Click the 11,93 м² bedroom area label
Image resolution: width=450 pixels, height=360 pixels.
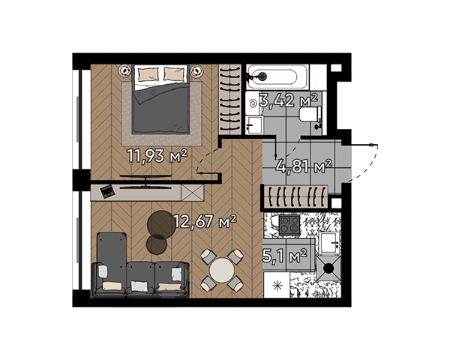point(157,156)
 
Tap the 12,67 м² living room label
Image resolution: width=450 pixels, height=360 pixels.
point(205,221)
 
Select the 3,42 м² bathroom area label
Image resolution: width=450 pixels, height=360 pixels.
point(288,100)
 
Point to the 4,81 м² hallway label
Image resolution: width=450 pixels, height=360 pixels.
point(304,166)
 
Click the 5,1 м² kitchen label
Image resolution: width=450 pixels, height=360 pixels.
point(285,256)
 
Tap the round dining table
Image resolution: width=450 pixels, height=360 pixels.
point(221,270)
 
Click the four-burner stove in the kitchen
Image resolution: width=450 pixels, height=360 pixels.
point(289,225)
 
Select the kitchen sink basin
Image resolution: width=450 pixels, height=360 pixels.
point(328,243)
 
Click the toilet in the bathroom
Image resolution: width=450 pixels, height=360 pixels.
point(310,114)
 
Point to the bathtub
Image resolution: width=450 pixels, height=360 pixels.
point(277,76)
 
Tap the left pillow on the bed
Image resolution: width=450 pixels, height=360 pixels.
point(148,74)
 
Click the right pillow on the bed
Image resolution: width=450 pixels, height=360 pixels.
point(174,73)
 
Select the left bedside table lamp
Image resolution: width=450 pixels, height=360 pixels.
point(124,70)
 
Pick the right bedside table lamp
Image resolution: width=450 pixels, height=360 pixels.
point(196,70)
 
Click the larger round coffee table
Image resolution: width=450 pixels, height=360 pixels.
point(160,224)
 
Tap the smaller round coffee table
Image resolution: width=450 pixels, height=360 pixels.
point(157,244)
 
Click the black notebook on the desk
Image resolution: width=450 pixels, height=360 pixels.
point(107,191)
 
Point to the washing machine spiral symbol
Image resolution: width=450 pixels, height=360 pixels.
point(254,103)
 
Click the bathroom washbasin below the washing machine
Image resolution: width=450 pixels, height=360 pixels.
point(254,125)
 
